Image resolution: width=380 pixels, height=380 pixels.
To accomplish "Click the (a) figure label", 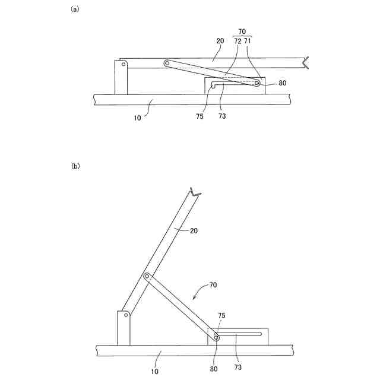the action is (x=75, y=9).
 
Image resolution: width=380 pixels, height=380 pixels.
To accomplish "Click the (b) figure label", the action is (x=75, y=167).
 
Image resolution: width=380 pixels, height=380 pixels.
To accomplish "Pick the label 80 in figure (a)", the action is (x=282, y=83).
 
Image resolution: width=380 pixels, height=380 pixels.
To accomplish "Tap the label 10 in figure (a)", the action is (x=137, y=118).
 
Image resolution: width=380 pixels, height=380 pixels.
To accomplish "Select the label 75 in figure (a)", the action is (x=199, y=116).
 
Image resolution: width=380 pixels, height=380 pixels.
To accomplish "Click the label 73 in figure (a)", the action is (x=221, y=116).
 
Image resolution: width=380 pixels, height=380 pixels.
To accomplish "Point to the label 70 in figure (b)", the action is (x=212, y=286).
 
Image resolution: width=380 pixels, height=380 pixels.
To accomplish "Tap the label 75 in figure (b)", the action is (x=222, y=316).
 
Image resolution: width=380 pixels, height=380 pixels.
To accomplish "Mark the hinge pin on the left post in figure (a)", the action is (x=123, y=67).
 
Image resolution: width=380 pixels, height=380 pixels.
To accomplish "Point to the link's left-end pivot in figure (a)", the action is (x=167, y=62).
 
